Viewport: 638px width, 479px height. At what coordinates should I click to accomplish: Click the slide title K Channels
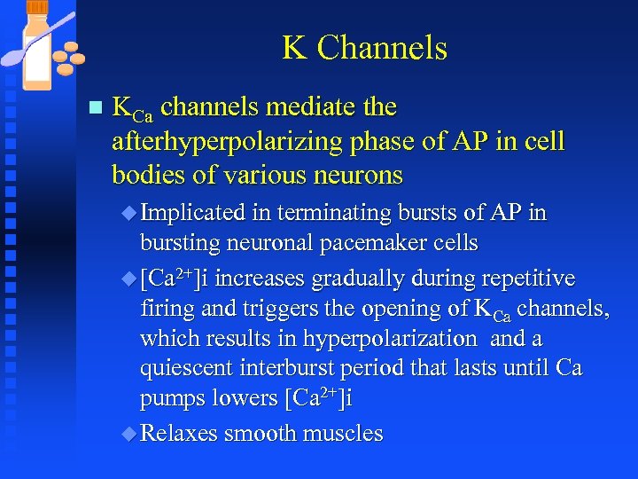coord(364,48)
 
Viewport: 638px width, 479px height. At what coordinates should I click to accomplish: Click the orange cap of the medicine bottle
coord(38,8)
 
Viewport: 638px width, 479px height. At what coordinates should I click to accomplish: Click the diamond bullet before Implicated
coord(130,214)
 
